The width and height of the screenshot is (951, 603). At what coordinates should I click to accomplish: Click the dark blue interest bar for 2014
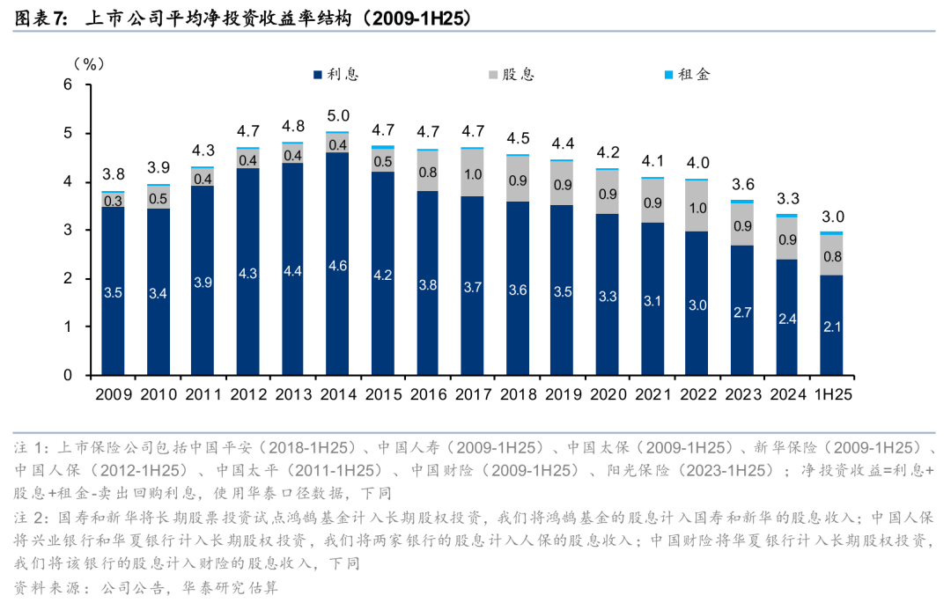[x=338, y=264]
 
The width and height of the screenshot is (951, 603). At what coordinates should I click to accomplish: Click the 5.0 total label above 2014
[x=338, y=115]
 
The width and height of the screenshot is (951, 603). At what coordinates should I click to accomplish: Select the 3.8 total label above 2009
[x=113, y=174]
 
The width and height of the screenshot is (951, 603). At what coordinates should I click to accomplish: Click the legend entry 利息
[x=335, y=74]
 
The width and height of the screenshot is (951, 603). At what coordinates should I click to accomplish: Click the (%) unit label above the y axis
[x=88, y=63]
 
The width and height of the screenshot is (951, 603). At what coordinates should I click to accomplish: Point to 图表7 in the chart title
[x=41, y=17]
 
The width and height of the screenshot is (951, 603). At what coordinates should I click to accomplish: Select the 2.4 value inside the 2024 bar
[x=786, y=320]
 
